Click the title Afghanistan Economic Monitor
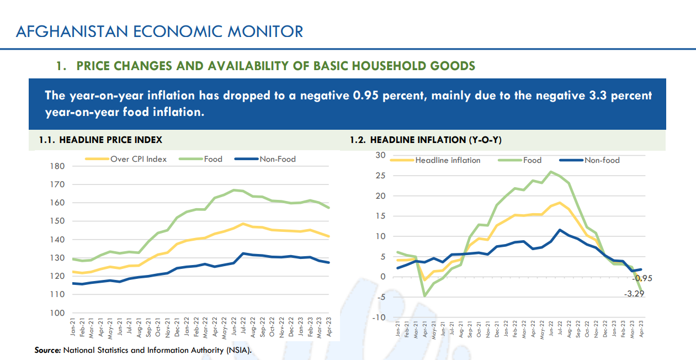(x=160, y=31)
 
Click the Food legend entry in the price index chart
(x=213, y=159)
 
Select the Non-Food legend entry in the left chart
(x=278, y=159)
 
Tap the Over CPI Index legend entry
(x=138, y=159)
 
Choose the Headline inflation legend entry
(x=448, y=160)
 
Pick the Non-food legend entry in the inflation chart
(x=602, y=160)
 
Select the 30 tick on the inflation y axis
(x=380, y=155)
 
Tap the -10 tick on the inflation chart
(x=378, y=317)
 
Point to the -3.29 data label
(x=634, y=294)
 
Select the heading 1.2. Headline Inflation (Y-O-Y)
(x=426, y=140)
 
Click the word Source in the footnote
(x=47, y=350)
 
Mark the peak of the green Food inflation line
(x=551, y=172)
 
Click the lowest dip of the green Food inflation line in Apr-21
(x=424, y=296)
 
